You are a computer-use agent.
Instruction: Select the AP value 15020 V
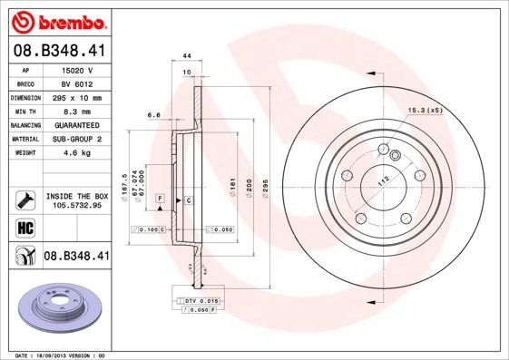click(x=79, y=69)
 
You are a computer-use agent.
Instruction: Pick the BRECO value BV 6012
click(x=79, y=83)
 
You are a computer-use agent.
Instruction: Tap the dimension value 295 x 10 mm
click(x=79, y=97)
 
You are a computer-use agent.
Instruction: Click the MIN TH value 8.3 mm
click(x=79, y=111)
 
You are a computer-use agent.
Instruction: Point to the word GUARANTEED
click(x=79, y=124)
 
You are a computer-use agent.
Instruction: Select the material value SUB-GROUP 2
click(x=79, y=139)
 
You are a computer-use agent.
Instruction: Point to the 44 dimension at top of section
click(x=187, y=55)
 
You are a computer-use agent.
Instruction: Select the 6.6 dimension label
click(x=153, y=115)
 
